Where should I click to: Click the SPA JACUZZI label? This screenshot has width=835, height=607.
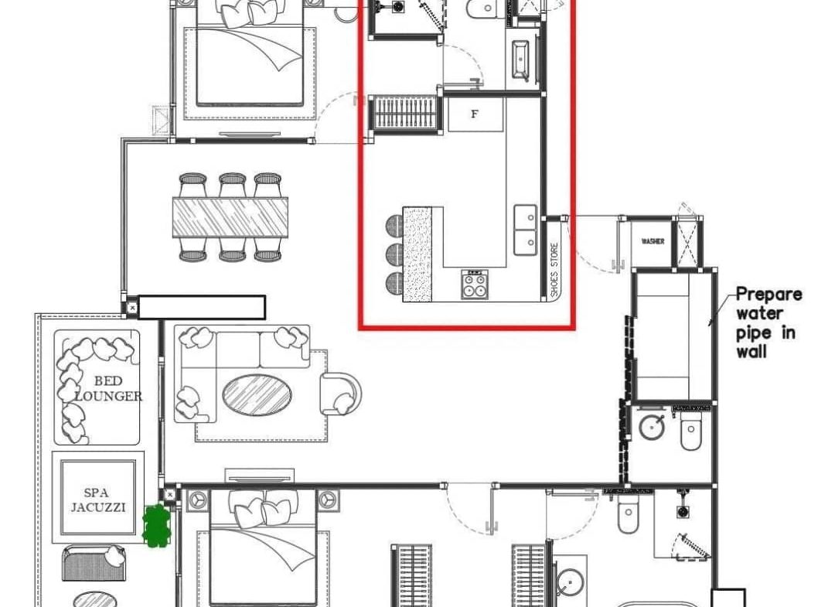click(97, 500)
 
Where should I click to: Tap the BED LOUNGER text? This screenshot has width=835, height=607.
click(107, 388)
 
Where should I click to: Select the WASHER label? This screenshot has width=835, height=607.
click(653, 242)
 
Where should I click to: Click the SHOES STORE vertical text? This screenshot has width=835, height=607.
click(554, 270)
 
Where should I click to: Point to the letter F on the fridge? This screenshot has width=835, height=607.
click(475, 114)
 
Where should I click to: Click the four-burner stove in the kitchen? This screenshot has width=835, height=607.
click(475, 285)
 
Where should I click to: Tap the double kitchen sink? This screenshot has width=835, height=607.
click(527, 230)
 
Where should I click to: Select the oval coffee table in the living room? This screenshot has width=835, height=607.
click(257, 395)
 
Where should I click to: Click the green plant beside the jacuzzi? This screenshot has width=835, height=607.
click(156, 526)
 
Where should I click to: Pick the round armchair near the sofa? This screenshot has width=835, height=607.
click(340, 393)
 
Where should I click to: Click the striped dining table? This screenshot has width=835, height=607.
click(230, 217)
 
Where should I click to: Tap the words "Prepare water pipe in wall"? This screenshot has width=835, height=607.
click(768, 322)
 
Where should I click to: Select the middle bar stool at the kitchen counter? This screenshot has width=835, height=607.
click(394, 254)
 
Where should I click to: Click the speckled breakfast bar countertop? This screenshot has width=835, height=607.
click(417, 254)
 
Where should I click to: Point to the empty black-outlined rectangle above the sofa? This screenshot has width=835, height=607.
click(202, 307)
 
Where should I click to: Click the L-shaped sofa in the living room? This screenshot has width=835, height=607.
click(232, 363)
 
